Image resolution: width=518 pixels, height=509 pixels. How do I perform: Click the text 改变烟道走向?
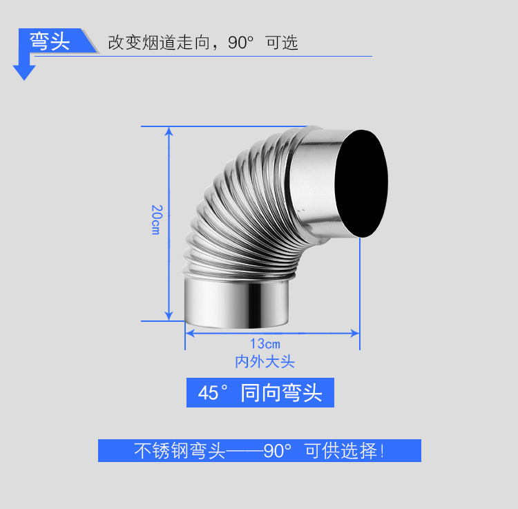[x=158, y=42]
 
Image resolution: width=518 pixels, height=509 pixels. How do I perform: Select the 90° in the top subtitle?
[x=242, y=42]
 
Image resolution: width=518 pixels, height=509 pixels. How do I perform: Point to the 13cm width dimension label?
[x=265, y=343]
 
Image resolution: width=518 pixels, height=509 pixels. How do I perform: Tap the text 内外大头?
[x=265, y=361]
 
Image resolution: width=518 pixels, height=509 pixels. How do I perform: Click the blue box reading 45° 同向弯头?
[x=260, y=393]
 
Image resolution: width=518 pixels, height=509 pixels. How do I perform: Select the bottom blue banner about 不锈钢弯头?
[x=259, y=451]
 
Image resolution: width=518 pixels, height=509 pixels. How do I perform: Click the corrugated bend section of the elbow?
[x=235, y=207]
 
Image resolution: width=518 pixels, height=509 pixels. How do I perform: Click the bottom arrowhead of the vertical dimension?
[x=169, y=316]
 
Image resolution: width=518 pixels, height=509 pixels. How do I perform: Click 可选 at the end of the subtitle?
[x=282, y=42]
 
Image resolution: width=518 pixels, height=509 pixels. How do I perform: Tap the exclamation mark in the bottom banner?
[x=382, y=451]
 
